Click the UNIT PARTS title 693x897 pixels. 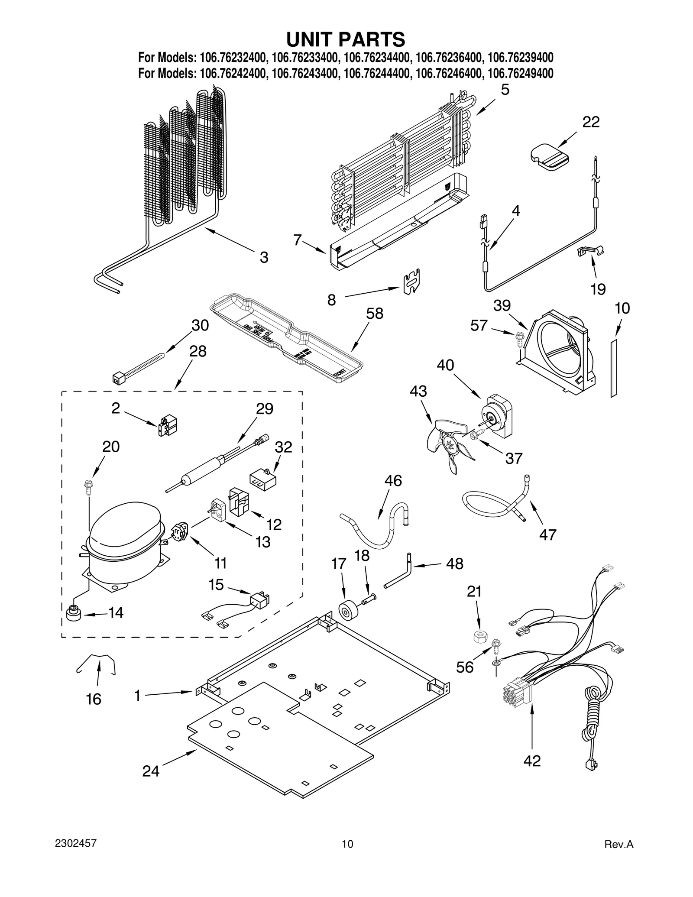[x=346, y=39]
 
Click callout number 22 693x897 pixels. [x=590, y=122]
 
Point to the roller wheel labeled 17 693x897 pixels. [x=347, y=612]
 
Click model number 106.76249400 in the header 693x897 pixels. [x=520, y=73]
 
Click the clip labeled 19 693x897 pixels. [x=590, y=250]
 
